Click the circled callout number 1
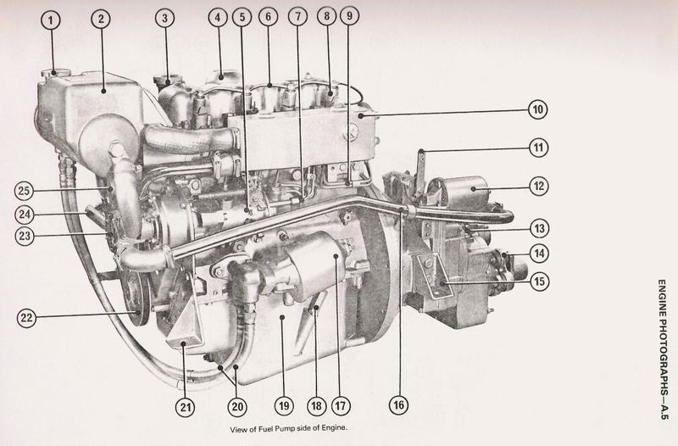pyautogui.click(x=52, y=20)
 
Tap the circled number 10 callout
pyautogui.click(x=538, y=109)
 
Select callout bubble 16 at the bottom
pyautogui.click(x=398, y=405)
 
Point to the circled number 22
pyautogui.click(x=27, y=317)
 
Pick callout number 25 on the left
pyautogui.click(x=25, y=191)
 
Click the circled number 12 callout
pyautogui.click(x=539, y=186)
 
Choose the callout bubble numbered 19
pyautogui.click(x=284, y=406)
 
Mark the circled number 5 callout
pyautogui.click(x=242, y=17)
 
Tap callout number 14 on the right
pyautogui.click(x=539, y=253)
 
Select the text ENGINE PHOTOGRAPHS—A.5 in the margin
pyautogui.click(x=664, y=349)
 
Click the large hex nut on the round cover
pyautogui.click(x=116, y=149)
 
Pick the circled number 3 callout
pyautogui.click(x=164, y=19)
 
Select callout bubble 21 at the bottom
pyautogui.click(x=185, y=407)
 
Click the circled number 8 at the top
pyautogui.click(x=326, y=16)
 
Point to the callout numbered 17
pyautogui.click(x=341, y=406)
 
